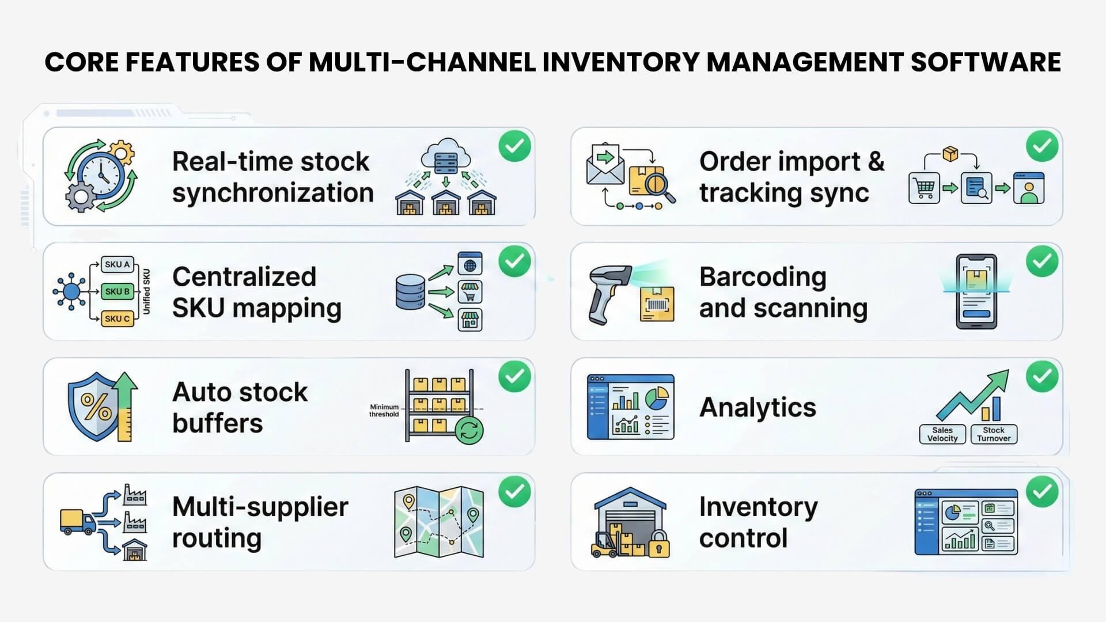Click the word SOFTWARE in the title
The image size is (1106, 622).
click(x=985, y=62)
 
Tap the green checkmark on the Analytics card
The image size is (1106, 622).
click(x=1042, y=377)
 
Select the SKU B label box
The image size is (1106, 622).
click(x=117, y=291)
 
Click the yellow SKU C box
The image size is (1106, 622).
click(x=117, y=318)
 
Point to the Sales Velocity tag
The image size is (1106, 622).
click(x=942, y=434)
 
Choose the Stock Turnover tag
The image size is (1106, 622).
click(x=994, y=434)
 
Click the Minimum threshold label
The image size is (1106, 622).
click(x=384, y=411)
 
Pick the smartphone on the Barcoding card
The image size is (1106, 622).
click(x=976, y=291)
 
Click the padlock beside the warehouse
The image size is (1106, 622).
click(x=659, y=543)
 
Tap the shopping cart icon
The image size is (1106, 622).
click(x=924, y=188)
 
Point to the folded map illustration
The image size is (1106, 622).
click(x=438, y=522)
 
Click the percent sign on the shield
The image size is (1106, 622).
click(x=96, y=407)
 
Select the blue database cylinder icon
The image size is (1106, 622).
click(x=411, y=291)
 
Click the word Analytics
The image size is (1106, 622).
click(x=757, y=408)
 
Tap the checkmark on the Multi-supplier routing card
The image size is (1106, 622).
click(x=514, y=492)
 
